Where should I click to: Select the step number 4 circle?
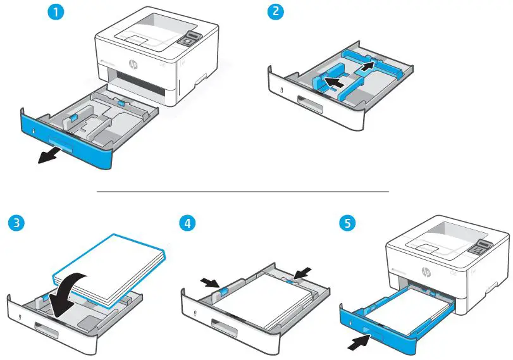[187, 223]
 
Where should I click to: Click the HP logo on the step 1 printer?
[133, 65]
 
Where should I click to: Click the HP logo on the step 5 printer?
[425, 272]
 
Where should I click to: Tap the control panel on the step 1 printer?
[188, 39]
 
